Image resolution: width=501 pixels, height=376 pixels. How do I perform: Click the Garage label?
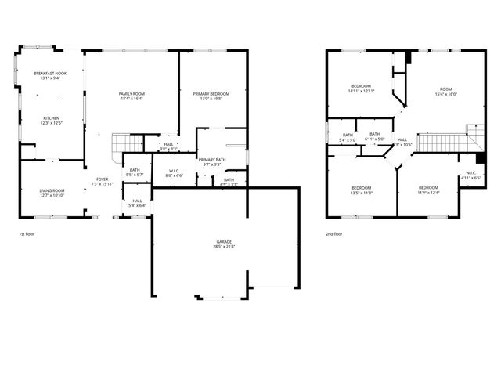coord(224,244)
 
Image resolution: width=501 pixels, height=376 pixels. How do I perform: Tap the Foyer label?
coord(103,181)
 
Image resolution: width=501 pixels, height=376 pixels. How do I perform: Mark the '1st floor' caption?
coord(27,234)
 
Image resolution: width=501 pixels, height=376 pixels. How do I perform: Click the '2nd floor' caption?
coord(335,234)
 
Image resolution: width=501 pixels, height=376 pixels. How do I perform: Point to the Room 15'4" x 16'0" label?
coord(445,92)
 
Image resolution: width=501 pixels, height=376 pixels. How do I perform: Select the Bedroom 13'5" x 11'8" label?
coord(361,190)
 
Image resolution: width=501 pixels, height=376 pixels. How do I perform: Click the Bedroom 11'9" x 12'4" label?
coord(428,190)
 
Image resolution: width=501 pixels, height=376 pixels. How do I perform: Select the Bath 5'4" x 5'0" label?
coord(348,137)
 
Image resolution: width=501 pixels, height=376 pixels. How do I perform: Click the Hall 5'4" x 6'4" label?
coord(137,203)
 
